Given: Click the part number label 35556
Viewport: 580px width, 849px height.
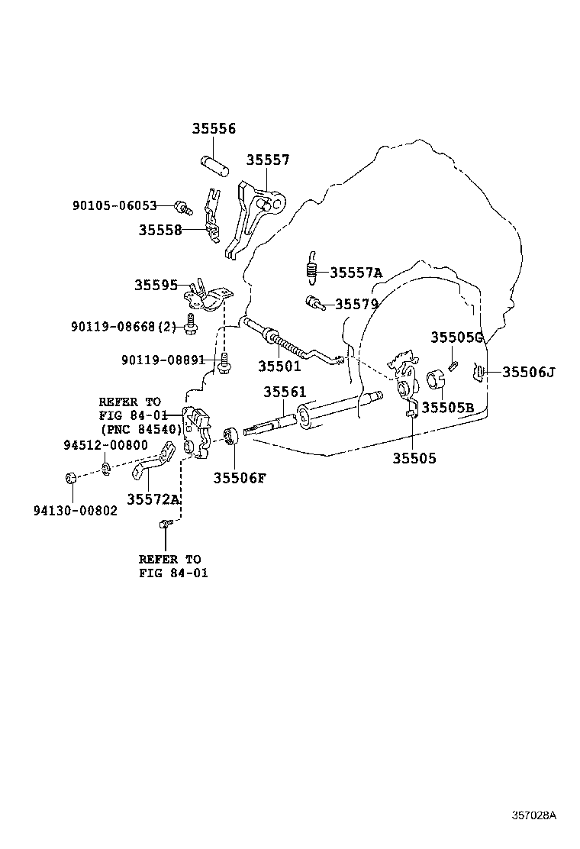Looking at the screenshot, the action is pos(214,129).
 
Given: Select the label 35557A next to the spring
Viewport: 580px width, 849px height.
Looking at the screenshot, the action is pos(356,273).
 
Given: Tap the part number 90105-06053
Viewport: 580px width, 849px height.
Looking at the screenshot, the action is pos(114,205).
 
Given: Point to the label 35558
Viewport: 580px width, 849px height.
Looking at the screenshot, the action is pos(160,230).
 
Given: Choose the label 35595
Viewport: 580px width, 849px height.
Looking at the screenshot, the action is pos(156,285).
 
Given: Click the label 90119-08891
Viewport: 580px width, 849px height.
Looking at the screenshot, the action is pos(163,360).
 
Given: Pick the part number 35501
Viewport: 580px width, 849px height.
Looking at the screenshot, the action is pos(279,366).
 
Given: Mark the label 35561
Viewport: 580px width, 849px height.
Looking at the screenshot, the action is pos(285,392).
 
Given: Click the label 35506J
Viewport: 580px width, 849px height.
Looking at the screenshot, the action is pos(529,372).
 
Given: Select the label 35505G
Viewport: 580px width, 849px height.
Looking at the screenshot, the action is pos(456,337).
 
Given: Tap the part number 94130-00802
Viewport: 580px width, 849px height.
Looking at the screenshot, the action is pos(76,511).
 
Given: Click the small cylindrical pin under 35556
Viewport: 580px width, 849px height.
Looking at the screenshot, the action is pos(214,166).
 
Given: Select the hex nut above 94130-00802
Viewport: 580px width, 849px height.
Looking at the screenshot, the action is pos(69,478).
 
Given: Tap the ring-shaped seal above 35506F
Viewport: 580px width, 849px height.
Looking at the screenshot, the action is pos(231,435).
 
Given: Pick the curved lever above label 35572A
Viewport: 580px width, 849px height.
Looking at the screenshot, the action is pos(153,460).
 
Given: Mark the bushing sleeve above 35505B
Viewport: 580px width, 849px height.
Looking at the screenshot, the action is pos(436,379).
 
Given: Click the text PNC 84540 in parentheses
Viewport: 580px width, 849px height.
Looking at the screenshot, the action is pos(141,429).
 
